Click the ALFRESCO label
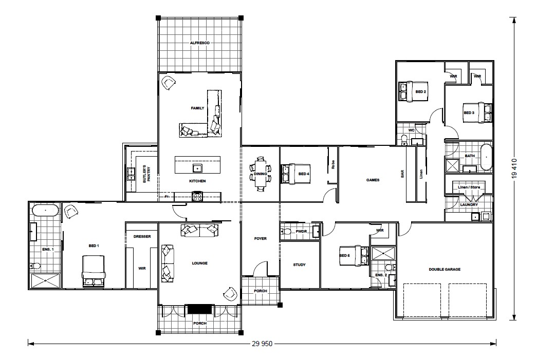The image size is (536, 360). coord(199,43)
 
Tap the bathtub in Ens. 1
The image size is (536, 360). coord(45,211)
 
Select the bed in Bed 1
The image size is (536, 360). coord(93,271)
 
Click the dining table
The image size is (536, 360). coord(261,174)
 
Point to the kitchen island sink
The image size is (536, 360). coord(197,168)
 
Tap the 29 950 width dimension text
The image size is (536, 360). coord(262,344)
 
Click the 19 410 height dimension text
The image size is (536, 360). coord(515,168)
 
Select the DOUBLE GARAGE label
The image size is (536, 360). coord(445,270)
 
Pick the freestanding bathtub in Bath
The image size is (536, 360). coord(486,158)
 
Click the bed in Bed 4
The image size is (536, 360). coord(296,174)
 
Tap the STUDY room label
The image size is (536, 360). coord(299,264)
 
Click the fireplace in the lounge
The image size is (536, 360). coord(199,309)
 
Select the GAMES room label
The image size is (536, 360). coord(373,180)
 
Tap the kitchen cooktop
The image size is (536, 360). coord(197,196)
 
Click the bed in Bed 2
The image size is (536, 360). coord(413,91)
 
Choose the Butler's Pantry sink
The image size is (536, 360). coord(131,174)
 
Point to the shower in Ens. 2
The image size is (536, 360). coord(383,254)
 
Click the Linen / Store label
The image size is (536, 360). coord(469,187)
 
